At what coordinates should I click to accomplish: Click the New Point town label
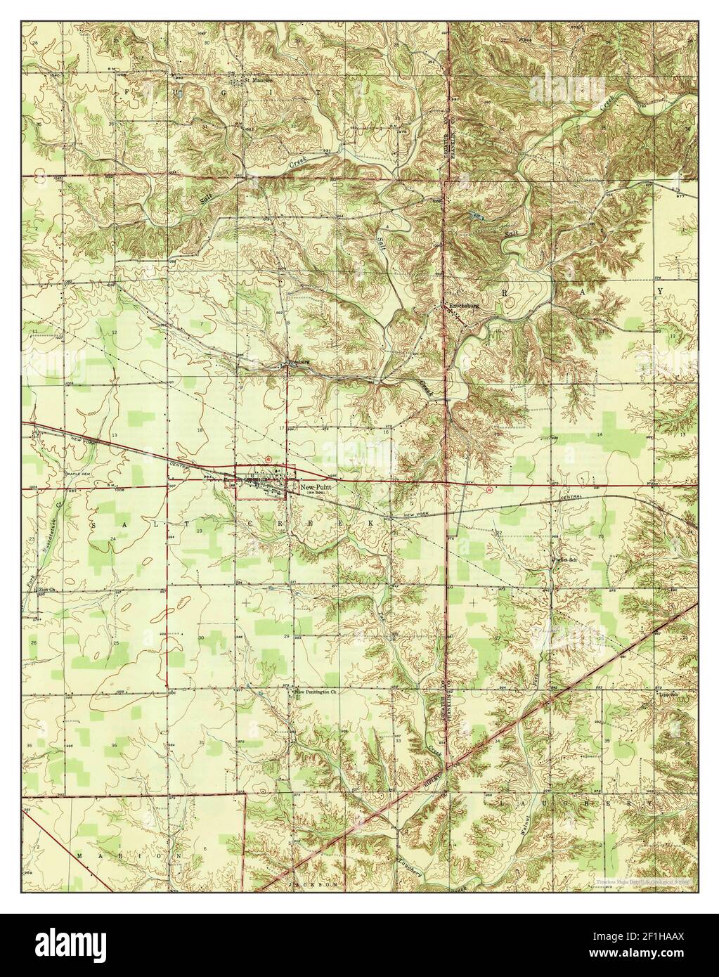[x=315, y=486]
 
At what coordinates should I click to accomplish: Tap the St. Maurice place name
[x=257, y=79]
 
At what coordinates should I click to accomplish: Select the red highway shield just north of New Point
[x=267, y=457]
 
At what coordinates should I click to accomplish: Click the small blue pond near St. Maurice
[x=181, y=92]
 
